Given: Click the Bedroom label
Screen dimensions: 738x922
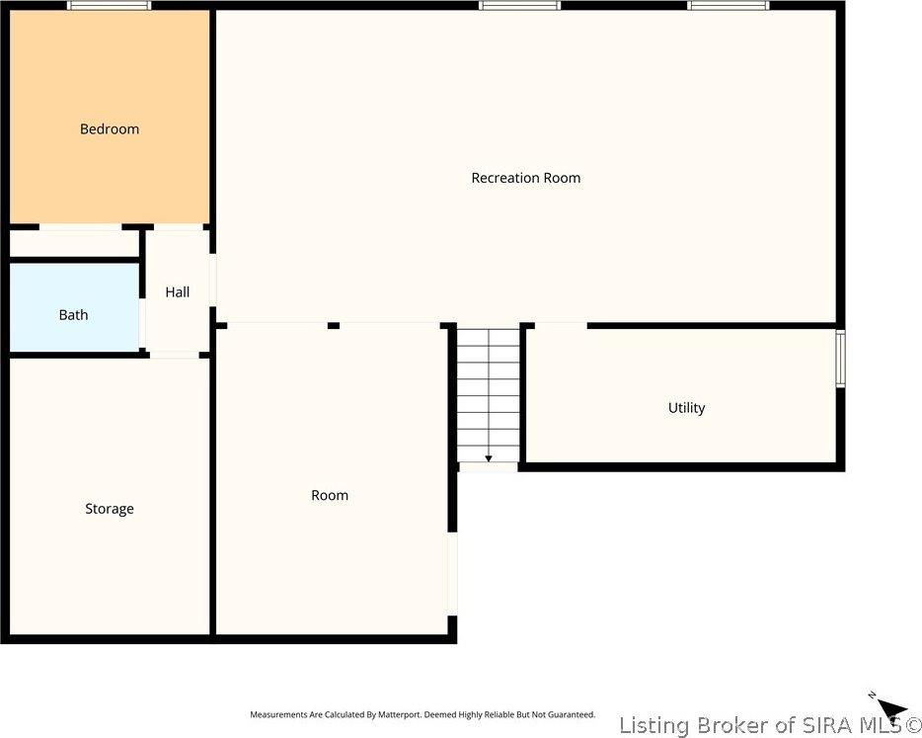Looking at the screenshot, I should (110, 129).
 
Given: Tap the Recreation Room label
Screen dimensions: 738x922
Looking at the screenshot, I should (525, 178).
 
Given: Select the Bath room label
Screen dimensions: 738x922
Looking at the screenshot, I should (73, 315).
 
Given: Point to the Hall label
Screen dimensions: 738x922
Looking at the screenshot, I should (178, 292).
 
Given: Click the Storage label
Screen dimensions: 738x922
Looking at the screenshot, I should (109, 509).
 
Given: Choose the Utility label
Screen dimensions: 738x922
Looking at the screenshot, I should (686, 408).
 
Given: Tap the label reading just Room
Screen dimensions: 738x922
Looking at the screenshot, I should (330, 496).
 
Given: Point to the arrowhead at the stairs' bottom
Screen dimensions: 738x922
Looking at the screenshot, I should (489, 458).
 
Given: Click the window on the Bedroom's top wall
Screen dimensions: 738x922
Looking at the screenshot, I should (110, 6).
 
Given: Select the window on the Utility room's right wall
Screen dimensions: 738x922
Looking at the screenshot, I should (840, 358).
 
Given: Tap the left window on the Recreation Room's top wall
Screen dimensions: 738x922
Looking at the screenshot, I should (519, 6).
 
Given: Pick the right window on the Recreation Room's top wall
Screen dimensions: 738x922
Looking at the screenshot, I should (729, 6).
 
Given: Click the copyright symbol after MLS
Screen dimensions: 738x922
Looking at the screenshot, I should (909, 726).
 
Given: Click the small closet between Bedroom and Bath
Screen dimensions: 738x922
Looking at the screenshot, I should (74, 243).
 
